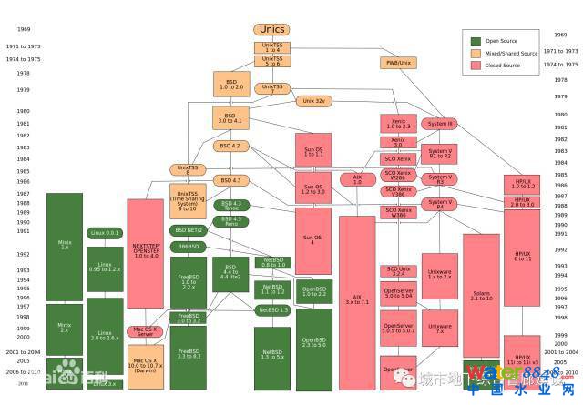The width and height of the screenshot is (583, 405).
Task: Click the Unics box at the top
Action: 272,30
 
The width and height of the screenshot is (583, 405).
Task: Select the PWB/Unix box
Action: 398,63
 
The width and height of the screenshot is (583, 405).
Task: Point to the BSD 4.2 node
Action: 230,146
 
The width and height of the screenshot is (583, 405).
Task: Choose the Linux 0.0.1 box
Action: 105,233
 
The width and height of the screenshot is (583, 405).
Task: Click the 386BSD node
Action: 189,247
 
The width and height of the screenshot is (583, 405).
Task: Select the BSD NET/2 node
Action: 189,230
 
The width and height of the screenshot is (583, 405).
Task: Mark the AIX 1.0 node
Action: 357,179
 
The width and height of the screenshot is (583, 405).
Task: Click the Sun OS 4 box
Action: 313,241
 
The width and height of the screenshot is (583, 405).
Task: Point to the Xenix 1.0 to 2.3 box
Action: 398,123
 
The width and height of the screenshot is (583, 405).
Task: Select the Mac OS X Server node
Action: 146,332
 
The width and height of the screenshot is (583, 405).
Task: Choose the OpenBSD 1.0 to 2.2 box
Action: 313,292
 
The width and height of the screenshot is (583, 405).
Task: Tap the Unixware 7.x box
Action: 440,329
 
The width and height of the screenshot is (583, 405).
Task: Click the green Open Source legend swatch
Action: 476,41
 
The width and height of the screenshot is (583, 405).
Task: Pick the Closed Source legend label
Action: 504,66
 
